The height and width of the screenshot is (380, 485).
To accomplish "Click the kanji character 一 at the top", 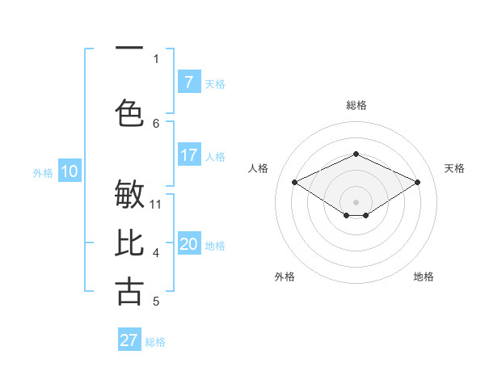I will (129, 48).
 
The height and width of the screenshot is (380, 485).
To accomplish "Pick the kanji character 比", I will (129, 243).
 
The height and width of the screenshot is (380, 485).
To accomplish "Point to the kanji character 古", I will (129, 291).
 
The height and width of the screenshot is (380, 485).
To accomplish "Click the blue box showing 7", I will (188, 82).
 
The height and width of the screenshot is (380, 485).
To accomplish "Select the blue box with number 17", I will (188, 155).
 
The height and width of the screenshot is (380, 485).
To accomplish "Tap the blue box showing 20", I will (188, 244).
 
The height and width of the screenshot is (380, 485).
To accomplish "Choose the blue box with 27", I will (129, 340).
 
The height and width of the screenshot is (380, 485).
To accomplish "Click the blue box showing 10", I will (70, 171).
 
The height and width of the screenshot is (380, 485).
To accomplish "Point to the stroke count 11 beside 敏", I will (156, 204).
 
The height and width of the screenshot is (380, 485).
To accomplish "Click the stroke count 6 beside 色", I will (156, 123).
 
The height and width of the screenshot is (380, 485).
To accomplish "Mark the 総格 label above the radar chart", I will (356, 105).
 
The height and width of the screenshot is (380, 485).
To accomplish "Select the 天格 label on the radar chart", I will (454, 168).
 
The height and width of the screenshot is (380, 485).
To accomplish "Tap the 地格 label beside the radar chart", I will (424, 277).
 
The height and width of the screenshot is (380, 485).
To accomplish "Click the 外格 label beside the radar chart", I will (285, 277).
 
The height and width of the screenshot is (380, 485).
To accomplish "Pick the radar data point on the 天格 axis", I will (418, 182).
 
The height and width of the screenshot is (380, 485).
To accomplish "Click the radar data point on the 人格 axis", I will (295, 182).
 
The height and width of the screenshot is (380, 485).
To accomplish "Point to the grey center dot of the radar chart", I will (356, 201).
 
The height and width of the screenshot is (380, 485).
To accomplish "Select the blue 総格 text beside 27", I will (155, 342).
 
